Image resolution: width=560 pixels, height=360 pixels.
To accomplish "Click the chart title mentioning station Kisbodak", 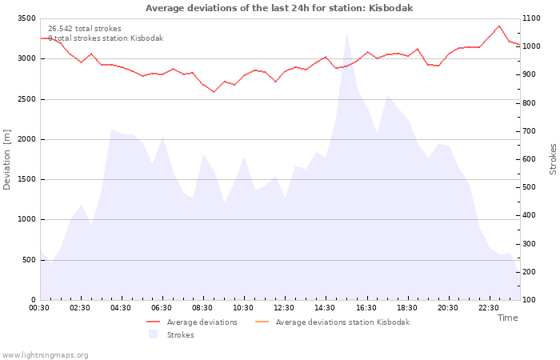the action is [279, 8].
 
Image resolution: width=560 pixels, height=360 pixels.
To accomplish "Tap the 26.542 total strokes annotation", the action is [85, 29].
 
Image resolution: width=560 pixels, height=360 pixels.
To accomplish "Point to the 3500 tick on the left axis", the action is [26, 18].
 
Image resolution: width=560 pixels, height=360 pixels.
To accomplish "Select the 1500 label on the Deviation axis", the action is [26, 179].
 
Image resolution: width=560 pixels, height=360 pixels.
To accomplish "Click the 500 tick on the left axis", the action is [30, 260].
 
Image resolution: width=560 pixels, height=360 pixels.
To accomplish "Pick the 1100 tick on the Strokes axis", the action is [532, 18].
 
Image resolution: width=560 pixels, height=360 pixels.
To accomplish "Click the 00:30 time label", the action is [39, 308].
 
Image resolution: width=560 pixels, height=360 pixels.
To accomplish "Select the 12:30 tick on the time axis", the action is [284, 308].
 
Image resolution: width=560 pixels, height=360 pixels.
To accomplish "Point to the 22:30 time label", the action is [488, 308].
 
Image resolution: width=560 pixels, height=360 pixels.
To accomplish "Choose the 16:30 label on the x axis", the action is [366, 308].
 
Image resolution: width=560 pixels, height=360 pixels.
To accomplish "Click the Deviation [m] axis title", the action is [6, 160].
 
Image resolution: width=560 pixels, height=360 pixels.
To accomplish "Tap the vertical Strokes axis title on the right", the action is [553, 159].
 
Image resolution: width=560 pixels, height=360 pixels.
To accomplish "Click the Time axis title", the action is [507, 318].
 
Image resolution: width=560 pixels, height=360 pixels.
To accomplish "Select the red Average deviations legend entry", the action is [192, 322].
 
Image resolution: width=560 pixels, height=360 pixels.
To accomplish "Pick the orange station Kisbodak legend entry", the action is [333, 322].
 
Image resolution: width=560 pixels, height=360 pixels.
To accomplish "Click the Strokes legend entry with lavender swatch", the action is [171, 334].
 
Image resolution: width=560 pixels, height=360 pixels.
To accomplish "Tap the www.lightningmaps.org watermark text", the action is [44, 355].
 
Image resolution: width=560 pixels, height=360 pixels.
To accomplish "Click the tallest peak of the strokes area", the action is [346, 34].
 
